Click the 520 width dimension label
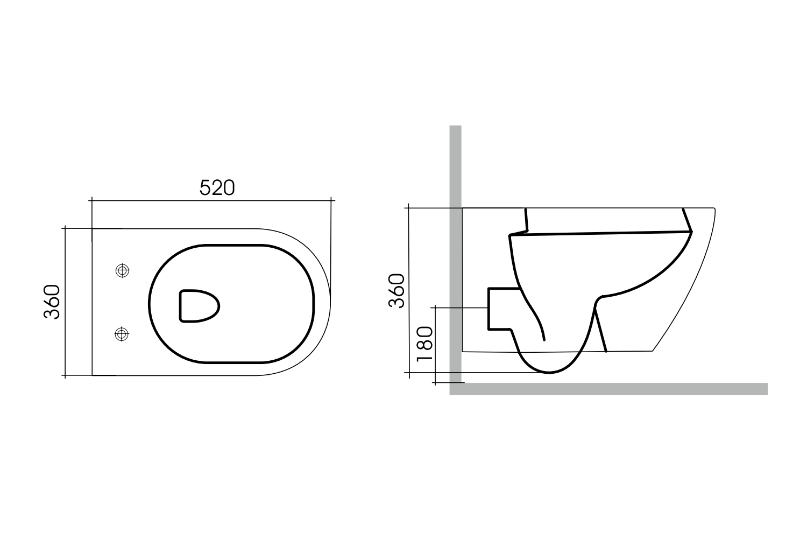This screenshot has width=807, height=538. tap(217, 187)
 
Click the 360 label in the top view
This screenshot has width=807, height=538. tap(52, 302)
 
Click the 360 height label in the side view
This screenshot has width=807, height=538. tap(397, 291)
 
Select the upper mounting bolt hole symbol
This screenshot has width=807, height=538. tap(123, 271)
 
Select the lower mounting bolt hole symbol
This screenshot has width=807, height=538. tap(123, 334)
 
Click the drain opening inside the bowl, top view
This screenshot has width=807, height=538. tap(199, 306)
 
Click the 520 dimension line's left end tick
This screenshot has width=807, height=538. tap(92, 200)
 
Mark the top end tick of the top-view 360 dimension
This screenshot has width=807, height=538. tap(65, 228)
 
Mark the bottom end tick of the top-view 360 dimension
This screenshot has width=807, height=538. tap(65, 375)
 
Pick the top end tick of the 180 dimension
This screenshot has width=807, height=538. tap(435, 308)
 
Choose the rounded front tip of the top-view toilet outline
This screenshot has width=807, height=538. tap(330, 302)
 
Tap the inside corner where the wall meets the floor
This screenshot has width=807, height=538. tap(463, 383)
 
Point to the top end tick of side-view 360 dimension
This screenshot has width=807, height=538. tap(409, 207)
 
